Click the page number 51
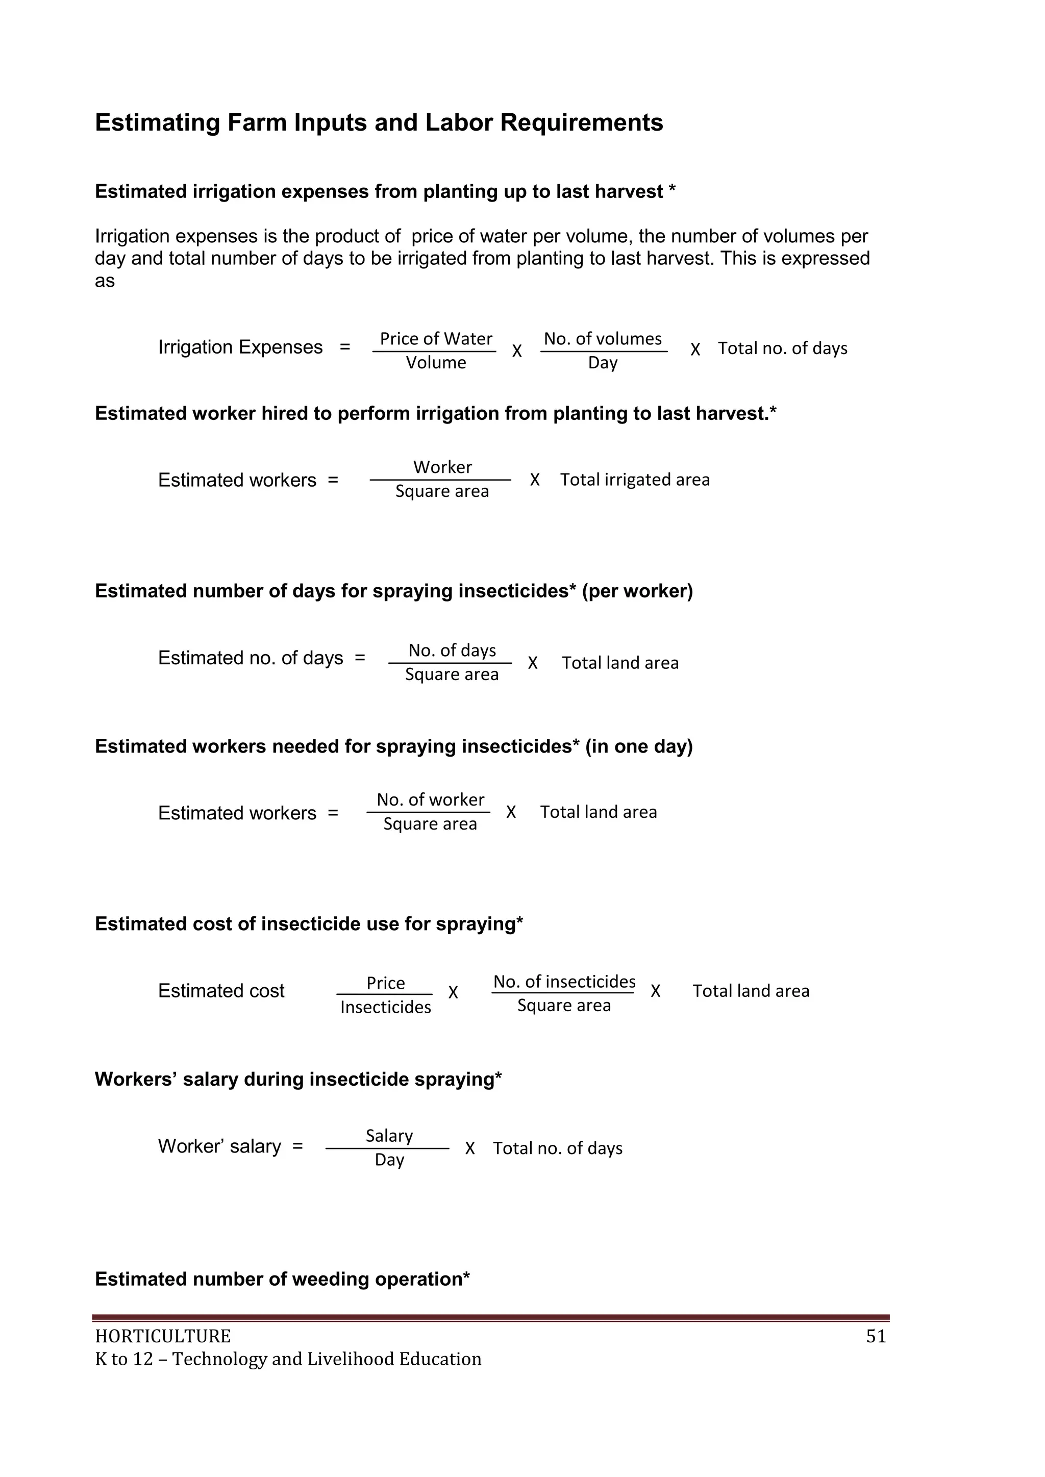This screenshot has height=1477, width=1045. click(x=876, y=1337)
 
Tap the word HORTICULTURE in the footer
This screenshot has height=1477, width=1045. click(x=163, y=1337)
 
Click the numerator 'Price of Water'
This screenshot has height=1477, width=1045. click(x=436, y=339)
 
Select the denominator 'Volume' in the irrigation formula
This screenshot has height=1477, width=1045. click(x=436, y=363)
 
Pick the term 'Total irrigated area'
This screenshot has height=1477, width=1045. click(x=634, y=480)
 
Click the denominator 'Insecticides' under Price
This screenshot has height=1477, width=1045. click(x=385, y=1008)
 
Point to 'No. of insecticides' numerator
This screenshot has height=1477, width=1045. click(x=564, y=982)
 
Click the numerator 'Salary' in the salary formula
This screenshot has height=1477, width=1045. click(x=389, y=1136)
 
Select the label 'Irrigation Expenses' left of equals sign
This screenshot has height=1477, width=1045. click(x=240, y=347)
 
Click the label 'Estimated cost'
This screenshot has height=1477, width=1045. click(x=221, y=991)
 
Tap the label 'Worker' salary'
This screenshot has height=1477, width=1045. click(x=219, y=1146)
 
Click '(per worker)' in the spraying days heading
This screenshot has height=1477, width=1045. click(x=637, y=591)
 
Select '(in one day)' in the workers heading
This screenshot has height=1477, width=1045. click(x=638, y=746)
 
